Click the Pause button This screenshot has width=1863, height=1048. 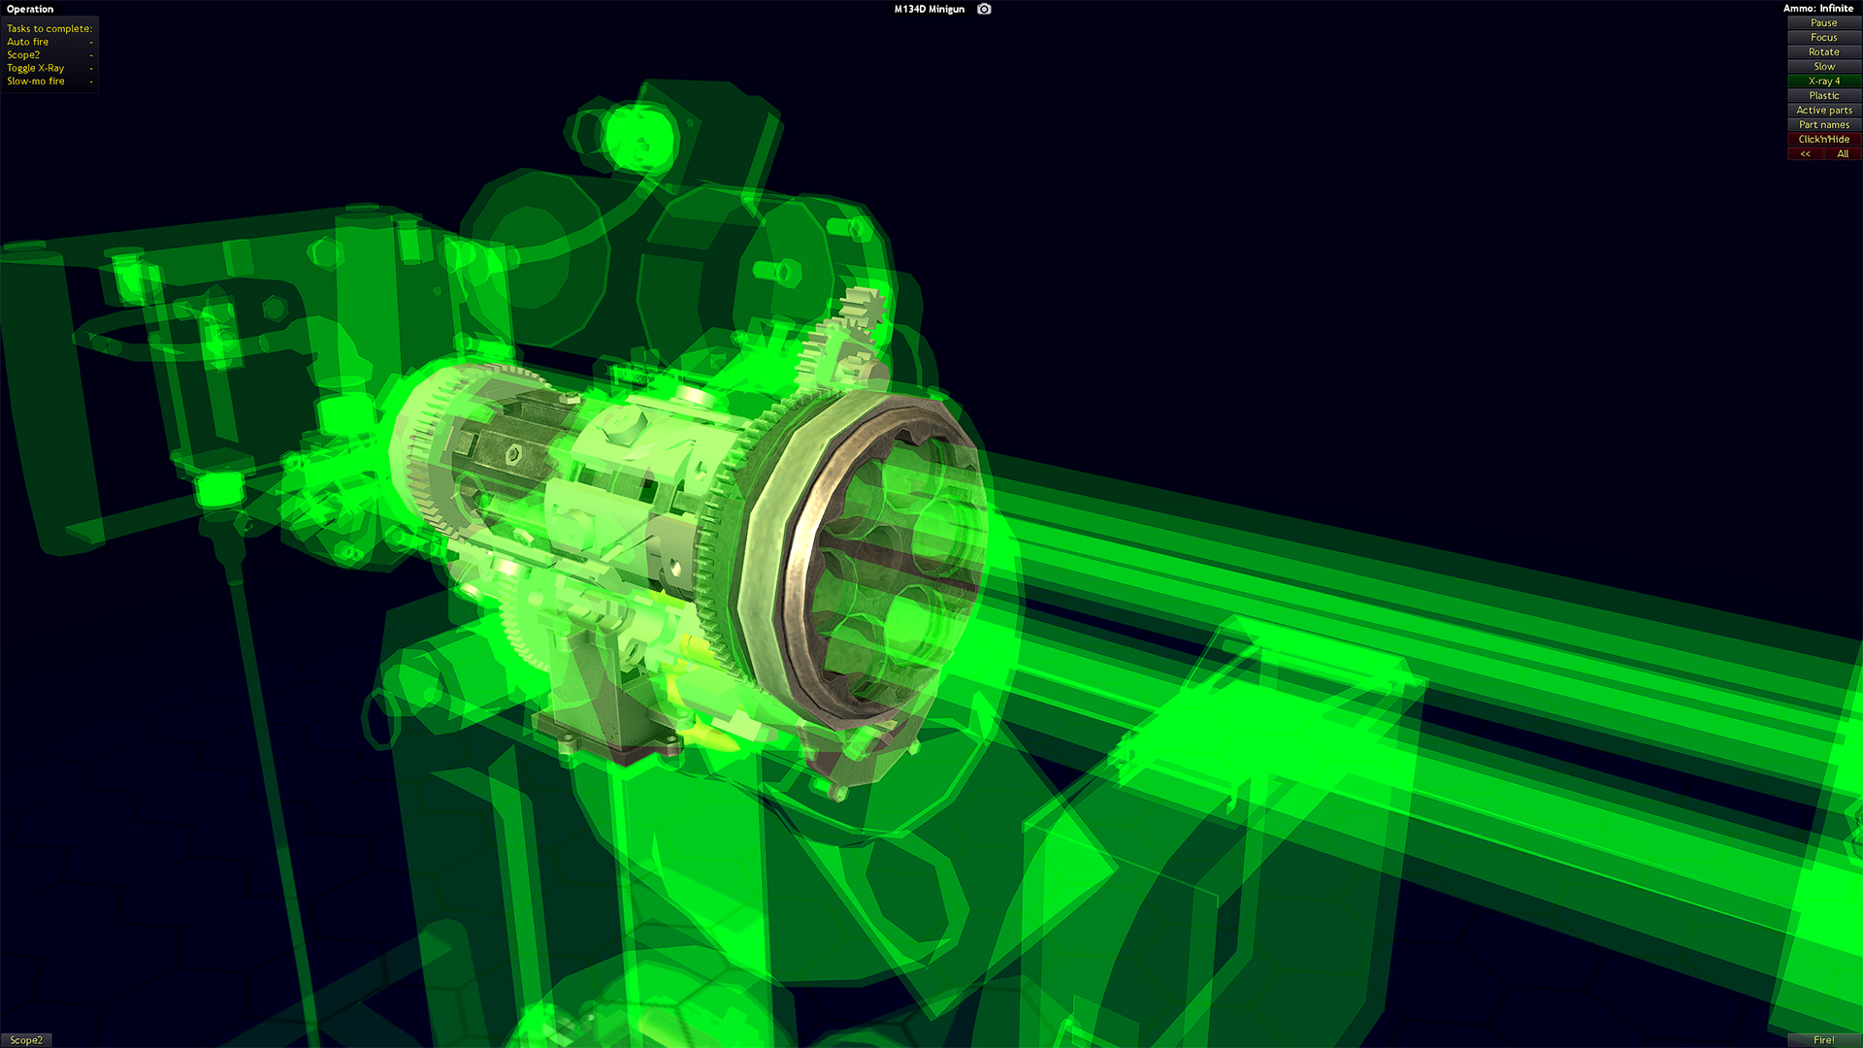pos(1823,22)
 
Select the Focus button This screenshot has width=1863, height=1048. pos(1823,37)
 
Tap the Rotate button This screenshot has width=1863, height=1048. pos(1823,51)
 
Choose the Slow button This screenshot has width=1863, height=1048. pos(1823,66)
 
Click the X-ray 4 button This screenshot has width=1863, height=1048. pos(1823,81)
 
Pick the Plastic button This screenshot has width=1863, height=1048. pos(1823,95)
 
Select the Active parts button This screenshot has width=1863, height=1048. pos(1823,110)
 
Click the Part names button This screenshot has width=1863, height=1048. pos(1823,124)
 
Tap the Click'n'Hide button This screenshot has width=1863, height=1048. pos(1823,139)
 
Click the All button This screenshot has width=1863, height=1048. pos(1843,153)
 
